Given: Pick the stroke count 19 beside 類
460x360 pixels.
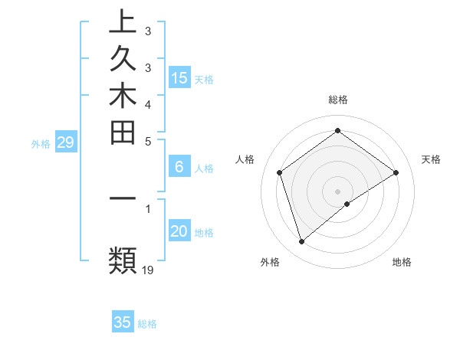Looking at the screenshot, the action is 148,270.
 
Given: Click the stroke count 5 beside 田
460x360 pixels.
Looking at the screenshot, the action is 148,141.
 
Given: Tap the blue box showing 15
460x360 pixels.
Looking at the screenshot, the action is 179,77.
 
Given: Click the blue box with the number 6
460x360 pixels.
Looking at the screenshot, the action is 179,166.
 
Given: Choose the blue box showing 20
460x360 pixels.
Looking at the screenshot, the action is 179,231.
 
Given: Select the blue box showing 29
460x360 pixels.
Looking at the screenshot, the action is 66,142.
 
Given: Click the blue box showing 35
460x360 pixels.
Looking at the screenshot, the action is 123,322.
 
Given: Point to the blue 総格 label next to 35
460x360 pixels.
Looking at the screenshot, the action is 147,324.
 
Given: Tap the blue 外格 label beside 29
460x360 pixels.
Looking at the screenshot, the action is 41,143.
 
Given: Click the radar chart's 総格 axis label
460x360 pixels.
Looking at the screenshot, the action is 338,100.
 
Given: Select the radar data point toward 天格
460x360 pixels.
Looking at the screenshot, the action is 396,172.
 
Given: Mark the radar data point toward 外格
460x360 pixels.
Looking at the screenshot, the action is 301,242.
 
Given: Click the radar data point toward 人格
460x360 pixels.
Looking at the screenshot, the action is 280,172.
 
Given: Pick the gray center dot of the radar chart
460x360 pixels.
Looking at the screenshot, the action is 338,191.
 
